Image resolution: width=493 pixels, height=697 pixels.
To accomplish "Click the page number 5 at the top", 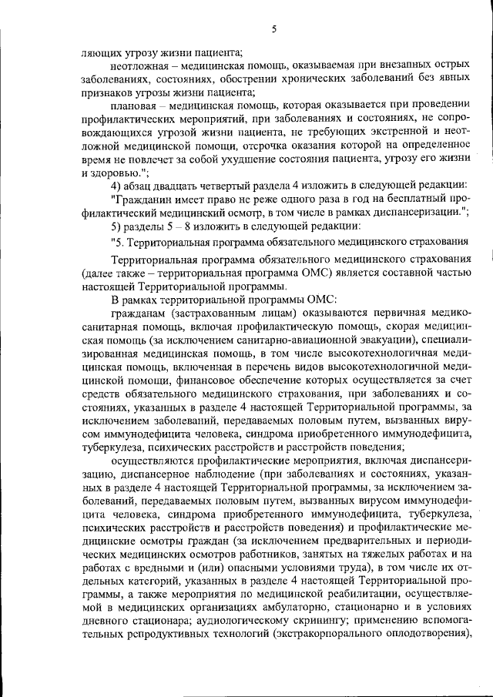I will pyautogui.click(x=274, y=30).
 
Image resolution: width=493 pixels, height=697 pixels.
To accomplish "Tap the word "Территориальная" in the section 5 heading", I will pyautogui.click(x=171, y=243).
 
